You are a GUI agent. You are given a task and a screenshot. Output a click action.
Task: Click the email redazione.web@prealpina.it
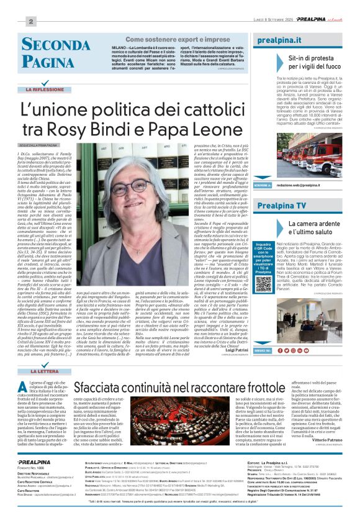[x=303, y=185]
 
